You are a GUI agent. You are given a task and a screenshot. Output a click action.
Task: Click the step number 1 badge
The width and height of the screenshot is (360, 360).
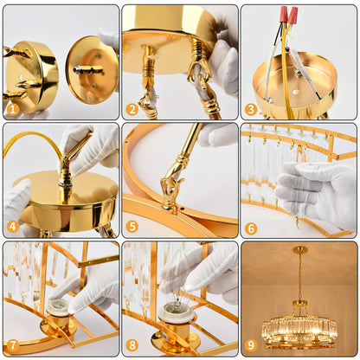12,109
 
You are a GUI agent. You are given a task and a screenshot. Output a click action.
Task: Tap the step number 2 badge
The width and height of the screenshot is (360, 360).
132,109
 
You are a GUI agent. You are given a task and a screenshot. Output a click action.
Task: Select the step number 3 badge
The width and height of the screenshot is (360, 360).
251,109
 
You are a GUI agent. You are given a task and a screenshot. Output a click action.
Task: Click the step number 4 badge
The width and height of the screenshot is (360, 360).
12,228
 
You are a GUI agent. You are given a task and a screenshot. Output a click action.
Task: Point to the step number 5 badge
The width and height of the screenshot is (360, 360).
132,228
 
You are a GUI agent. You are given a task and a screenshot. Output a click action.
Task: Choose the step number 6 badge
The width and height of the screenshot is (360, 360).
251,228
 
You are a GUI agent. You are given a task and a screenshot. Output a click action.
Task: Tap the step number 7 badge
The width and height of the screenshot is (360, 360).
12,346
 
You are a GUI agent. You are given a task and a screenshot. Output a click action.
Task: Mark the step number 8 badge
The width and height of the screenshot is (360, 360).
132,346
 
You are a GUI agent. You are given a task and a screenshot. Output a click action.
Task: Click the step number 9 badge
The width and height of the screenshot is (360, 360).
251,346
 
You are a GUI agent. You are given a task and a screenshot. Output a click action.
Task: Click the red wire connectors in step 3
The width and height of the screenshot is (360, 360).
287,16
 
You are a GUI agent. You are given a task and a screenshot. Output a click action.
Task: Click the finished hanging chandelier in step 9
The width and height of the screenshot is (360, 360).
299,325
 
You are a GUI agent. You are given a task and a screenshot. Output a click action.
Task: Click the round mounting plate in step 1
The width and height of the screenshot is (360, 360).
92,69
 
